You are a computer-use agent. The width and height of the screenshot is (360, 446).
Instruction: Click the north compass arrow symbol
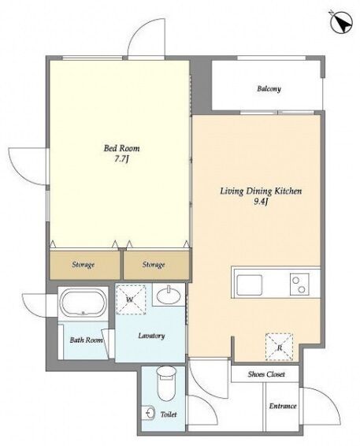[341, 23]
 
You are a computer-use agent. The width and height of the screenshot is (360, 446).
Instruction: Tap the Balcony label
[269, 89]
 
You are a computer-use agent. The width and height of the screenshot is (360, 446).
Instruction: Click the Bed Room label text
[121, 148]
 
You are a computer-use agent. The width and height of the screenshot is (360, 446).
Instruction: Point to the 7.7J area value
[121, 159]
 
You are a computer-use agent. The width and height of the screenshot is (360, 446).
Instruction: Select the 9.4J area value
[261, 202]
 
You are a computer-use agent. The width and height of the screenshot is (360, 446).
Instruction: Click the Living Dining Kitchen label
[261, 191]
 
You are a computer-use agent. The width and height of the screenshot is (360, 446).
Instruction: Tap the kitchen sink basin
[250, 285]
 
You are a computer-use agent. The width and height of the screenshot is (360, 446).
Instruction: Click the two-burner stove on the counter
[299, 284]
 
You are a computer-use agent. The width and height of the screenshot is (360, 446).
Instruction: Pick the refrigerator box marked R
[279, 347]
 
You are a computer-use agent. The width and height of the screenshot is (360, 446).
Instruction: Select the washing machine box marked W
[131, 299]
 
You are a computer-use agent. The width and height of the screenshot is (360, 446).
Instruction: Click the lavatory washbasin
[169, 295]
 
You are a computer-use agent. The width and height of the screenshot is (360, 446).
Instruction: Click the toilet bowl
[167, 384]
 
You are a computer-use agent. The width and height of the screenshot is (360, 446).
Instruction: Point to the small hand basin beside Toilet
[150, 412]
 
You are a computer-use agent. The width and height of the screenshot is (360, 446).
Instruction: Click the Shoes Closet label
[266, 374]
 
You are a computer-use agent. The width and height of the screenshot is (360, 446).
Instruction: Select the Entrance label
[283, 406]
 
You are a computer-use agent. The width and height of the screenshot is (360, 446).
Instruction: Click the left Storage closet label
[83, 265]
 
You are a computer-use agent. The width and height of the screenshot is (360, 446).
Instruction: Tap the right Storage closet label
[154, 265]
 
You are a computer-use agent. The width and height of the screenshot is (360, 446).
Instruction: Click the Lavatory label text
[151, 336]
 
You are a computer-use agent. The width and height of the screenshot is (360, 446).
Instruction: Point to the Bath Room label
[86, 340]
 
